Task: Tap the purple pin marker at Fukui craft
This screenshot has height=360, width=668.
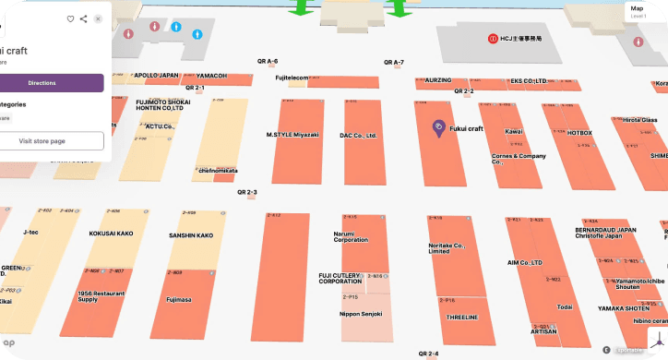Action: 438,127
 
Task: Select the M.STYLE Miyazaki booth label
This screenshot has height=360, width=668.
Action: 292,135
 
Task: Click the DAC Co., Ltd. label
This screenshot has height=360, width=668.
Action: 358,136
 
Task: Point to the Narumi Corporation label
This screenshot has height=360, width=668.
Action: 344,236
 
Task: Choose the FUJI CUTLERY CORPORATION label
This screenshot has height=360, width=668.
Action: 340,277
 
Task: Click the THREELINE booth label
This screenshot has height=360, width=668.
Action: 461,317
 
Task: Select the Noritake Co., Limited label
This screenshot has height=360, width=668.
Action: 447,247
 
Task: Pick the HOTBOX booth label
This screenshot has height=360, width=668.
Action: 579,133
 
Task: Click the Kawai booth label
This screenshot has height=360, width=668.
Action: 514,131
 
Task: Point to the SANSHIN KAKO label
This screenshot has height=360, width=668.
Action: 191,235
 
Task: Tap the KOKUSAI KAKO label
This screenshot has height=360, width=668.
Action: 113,234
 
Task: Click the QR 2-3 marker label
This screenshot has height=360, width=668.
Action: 246,192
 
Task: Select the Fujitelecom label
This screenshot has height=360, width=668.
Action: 292,78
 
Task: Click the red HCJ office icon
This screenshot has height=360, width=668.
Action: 494,39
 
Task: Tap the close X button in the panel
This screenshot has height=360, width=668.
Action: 98,18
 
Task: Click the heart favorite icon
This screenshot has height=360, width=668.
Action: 70,18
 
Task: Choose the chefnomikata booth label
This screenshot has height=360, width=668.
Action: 218,170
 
